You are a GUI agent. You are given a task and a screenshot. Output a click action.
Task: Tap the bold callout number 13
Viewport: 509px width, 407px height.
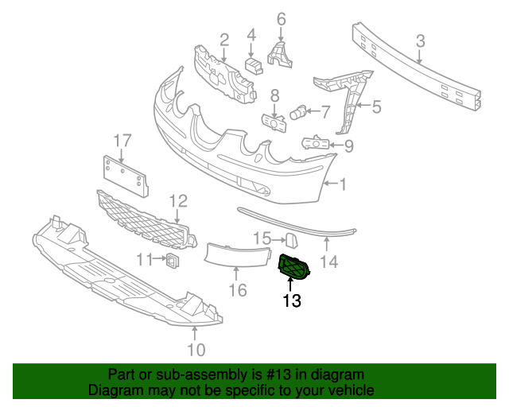click(x=292, y=300)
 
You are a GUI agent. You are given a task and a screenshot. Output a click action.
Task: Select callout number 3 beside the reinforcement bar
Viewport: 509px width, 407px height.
click(x=421, y=41)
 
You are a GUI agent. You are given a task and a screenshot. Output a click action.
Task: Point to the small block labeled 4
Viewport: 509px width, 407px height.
click(x=254, y=65)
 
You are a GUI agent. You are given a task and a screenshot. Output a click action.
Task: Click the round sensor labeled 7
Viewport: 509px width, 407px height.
click(x=298, y=112)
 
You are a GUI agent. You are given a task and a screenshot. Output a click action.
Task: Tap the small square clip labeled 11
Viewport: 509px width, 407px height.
click(x=173, y=261)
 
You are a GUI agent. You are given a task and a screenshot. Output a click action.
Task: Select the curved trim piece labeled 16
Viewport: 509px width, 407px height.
click(x=237, y=255)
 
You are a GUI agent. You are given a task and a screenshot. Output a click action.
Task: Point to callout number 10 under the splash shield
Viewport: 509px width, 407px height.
click(x=196, y=350)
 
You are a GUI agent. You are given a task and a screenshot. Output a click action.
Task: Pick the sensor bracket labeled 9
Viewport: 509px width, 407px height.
click(x=315, y=142)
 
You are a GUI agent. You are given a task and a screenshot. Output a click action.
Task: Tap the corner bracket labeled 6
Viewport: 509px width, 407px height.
click(x=280, y=55)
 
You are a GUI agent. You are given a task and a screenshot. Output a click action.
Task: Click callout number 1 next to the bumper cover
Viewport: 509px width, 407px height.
click(x=343, y=184)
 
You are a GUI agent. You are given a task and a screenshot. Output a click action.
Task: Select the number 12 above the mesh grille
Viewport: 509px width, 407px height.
click(x=178, y=201)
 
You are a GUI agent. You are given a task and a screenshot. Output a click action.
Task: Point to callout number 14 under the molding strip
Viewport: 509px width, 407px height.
click(x=329, y=262)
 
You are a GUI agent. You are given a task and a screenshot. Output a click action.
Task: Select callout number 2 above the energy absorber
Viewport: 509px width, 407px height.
click(x=224, y=40)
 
